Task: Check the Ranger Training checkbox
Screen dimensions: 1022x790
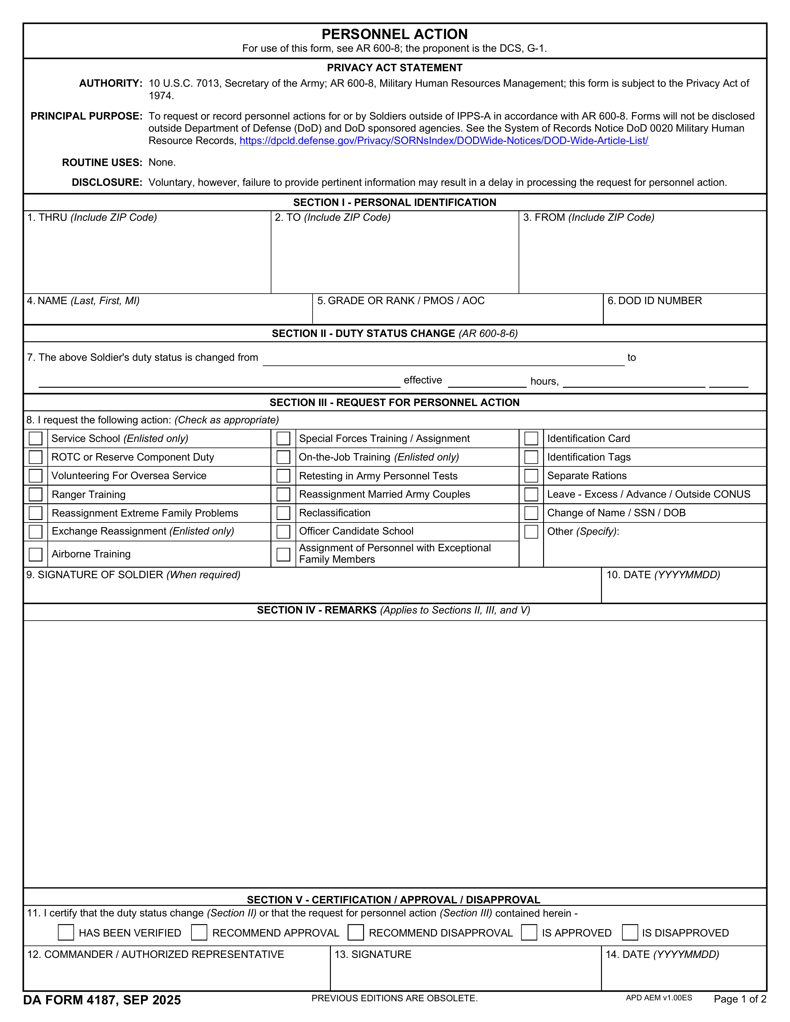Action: click(x=36, y=494)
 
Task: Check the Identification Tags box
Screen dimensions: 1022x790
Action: click(x=531, y=457)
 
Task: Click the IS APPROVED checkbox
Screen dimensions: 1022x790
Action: click(x=529, y=932)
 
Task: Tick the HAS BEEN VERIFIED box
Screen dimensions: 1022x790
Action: click(x=66, y=932)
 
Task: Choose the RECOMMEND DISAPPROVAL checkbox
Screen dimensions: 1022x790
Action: click(x=356, y=932)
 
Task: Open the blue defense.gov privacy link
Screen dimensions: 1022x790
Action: click(x=444, y=141)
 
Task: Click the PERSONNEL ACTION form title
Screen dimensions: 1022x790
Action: click(x=394, y=34)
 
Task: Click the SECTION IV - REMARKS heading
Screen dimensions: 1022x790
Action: click(x=393, y=610)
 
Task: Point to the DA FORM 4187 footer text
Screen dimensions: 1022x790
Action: click(x=102, y=1000)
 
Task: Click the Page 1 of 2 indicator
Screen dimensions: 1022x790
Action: click(x=740, y=999)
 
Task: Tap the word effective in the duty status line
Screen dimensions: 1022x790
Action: click(x=423, y=380)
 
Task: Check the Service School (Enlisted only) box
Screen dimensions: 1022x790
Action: click(x=36, y=439)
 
